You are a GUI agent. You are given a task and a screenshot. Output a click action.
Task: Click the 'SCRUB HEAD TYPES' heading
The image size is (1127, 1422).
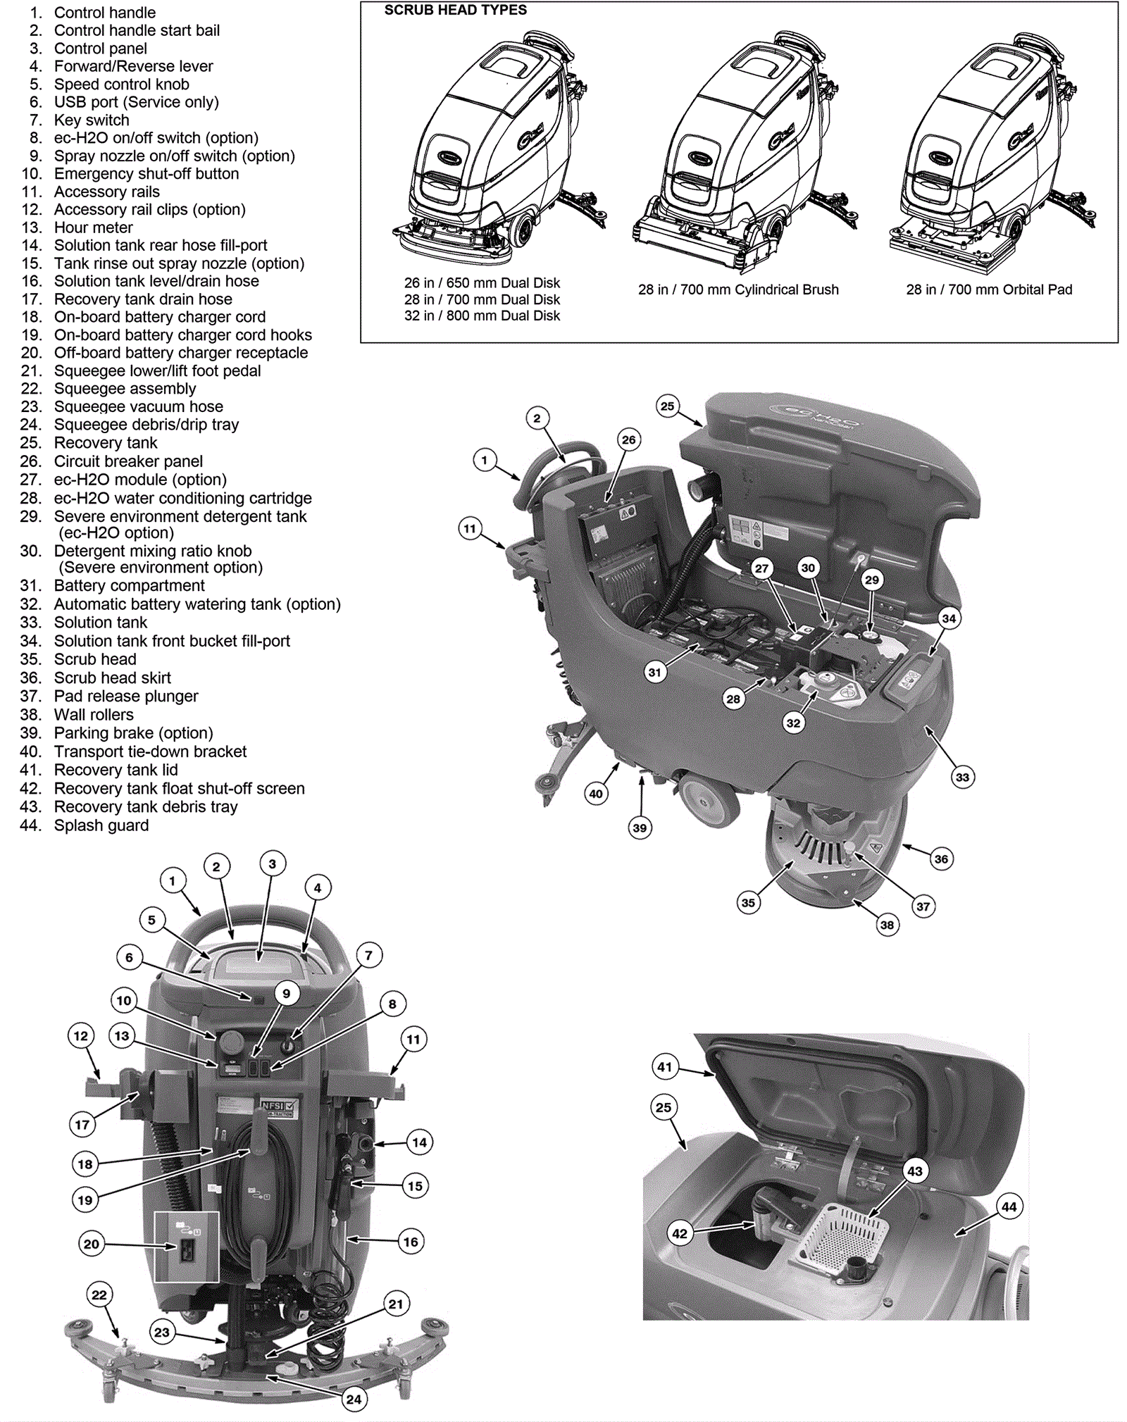(x=455, y=11)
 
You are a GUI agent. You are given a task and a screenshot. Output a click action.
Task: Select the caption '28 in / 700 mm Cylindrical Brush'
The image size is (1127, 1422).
(x=738, y=289)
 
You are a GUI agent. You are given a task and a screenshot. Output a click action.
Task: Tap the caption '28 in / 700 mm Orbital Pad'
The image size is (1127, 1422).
(x=989, y=289)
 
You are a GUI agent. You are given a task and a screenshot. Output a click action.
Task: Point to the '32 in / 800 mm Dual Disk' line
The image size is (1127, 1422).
(x=482, y=316)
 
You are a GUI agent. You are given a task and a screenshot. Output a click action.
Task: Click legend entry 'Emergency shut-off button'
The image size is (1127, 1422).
(x=146, y=174)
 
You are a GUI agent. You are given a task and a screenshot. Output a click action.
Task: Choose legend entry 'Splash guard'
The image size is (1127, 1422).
(x=101, y=825)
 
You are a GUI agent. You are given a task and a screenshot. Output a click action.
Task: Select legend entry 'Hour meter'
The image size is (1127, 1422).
(x=93, y=227)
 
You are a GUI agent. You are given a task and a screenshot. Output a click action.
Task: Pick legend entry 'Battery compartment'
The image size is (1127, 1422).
(x=129, y=586)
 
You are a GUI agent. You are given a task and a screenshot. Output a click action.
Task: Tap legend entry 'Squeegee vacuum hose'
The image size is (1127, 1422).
(x=138, y=407)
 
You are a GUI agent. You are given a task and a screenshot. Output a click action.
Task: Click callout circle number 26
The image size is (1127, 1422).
(x=628, y=439)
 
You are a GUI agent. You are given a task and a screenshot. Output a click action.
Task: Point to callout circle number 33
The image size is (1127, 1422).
(x=962, y=778)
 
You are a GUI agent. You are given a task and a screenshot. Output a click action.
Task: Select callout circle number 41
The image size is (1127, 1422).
(x=665, y=1066)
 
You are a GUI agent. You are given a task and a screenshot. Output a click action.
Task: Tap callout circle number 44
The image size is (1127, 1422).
(x=1009, y=1206)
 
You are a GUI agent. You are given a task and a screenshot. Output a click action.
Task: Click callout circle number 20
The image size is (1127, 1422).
(x=92, y=1244)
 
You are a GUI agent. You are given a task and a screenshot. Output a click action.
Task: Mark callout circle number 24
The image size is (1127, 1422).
(x=354, y=1399)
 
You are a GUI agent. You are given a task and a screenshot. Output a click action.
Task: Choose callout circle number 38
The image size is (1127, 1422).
(x=887, y=925)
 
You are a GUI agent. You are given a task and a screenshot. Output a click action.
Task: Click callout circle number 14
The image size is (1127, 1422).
(x=419, y=1142)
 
